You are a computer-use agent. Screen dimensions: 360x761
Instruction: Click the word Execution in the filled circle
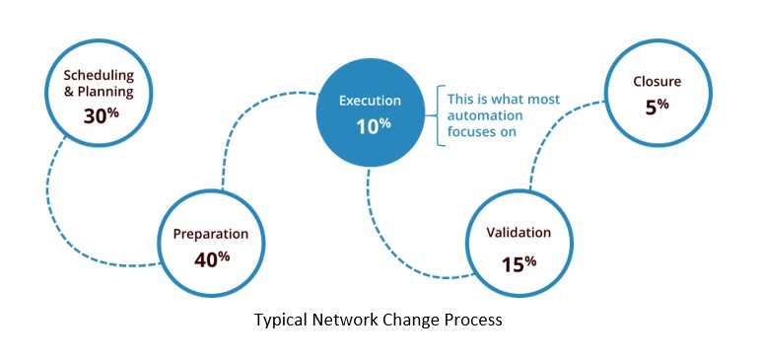pyautogui.click(x=370, y=101)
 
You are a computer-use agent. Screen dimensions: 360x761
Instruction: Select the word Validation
pyautogui.click(x=519, y=234)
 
